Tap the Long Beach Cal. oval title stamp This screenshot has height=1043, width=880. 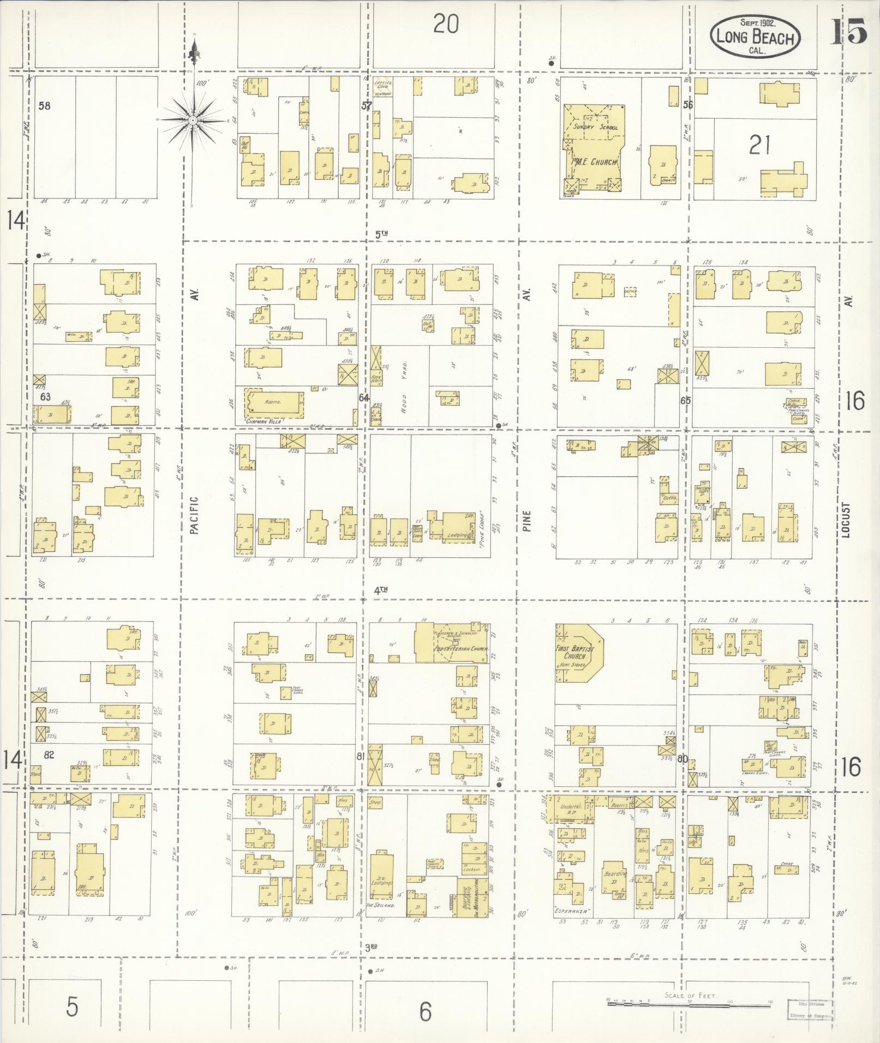tap(756, 37)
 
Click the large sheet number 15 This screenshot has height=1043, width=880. tap(849, 31)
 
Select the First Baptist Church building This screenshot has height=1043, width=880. tap(578, 653)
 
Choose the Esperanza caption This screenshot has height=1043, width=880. tap(572, 910)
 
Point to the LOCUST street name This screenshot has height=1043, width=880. tap(846, 520)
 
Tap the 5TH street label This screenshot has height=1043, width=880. tap(381, 234)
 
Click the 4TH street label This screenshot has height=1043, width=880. tap(380, 589)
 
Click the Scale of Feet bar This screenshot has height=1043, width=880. tap(689, 1000)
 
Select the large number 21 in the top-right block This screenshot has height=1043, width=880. tap(759, 146)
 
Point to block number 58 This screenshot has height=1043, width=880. tap(44, 106)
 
